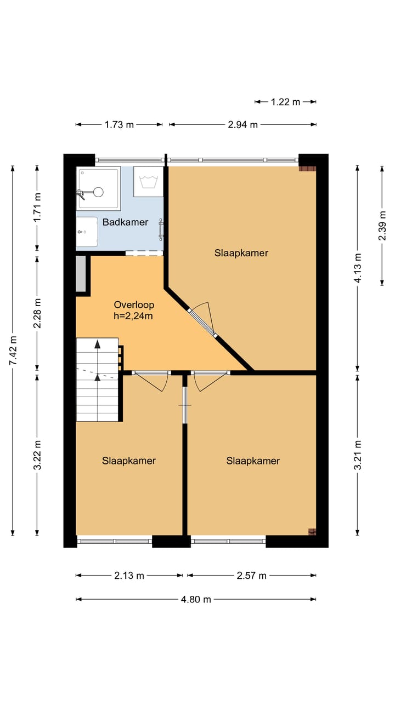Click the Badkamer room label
point(125,222)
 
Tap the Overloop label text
point(134,305)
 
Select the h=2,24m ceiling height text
point(134,315)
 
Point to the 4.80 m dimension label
point(196,599)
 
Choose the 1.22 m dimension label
point(286,101)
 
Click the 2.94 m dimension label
point(242,124)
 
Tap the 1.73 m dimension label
point(119,124)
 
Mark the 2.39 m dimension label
point(382,226)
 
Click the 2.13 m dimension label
point(129,575)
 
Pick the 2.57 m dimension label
point(251,575)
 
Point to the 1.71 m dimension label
point(37,208)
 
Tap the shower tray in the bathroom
point(98,188)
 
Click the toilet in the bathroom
point(86,232)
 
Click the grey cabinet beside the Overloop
point(81,273)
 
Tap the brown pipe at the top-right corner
point(307,168)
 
